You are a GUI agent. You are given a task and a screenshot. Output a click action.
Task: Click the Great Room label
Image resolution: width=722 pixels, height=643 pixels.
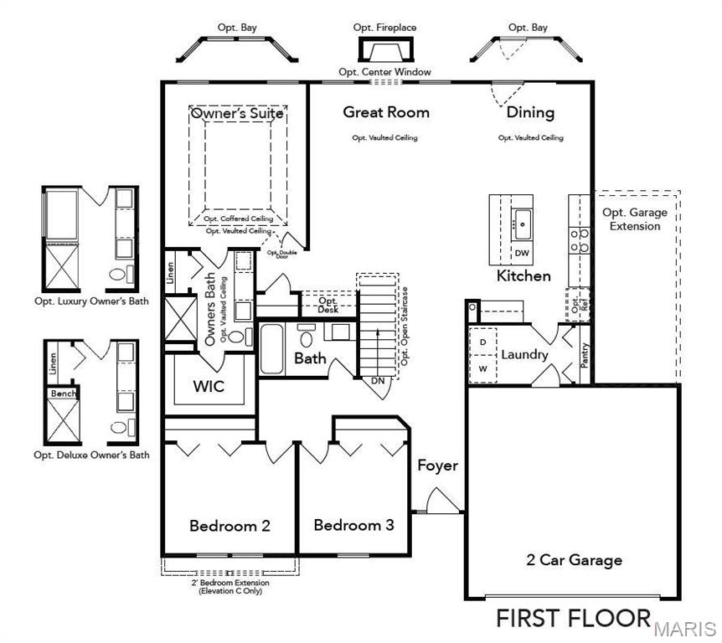(x=386, y=112)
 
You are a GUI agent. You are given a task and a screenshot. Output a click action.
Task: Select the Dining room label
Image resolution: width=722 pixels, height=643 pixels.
(x=530, y=112)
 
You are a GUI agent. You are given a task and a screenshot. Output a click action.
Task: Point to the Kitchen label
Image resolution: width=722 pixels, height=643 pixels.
(x=523, y=275)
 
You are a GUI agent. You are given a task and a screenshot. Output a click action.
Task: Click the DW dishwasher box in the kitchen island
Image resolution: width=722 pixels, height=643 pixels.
(x=522, y=253)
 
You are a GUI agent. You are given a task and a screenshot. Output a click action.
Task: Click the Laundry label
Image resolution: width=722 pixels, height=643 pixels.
(x=524, y=355)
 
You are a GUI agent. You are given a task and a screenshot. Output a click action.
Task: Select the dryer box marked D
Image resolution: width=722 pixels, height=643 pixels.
(x=483, y=342)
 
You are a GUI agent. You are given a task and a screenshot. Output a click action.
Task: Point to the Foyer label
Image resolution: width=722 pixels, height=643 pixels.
(x=437, y=466)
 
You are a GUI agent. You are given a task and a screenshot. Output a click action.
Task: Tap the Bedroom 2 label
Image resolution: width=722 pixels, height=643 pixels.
(x=229, y=526)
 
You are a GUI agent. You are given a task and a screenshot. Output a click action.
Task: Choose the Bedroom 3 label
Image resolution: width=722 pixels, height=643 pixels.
(x=353, y=525)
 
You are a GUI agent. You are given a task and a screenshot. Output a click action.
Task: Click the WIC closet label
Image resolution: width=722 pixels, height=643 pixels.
(x=208, y=387)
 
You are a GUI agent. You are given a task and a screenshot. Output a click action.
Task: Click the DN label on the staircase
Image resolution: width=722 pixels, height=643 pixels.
(x=379, y=380)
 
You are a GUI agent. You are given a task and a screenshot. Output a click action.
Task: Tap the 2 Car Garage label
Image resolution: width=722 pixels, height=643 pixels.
(x=574, y=560)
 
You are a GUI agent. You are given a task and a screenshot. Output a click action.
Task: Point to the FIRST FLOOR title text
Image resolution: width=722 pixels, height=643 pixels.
(x=573, y=618)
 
